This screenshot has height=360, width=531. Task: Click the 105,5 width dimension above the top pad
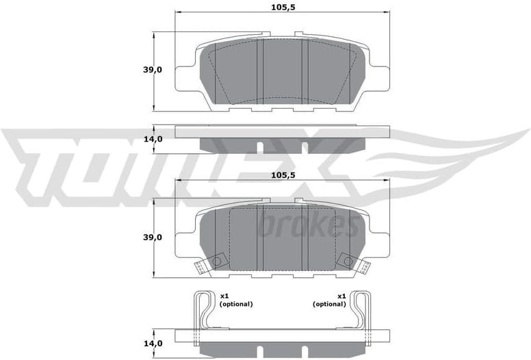tap(282, 7)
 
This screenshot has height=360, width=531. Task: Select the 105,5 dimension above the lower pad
tap(282, 175)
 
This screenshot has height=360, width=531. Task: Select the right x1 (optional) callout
tap(329, 300)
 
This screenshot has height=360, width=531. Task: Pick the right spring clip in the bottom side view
tap(361, 311)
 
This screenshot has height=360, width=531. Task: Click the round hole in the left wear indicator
tap(217, 261)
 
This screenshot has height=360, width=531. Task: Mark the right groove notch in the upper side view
tap(304, 147)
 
